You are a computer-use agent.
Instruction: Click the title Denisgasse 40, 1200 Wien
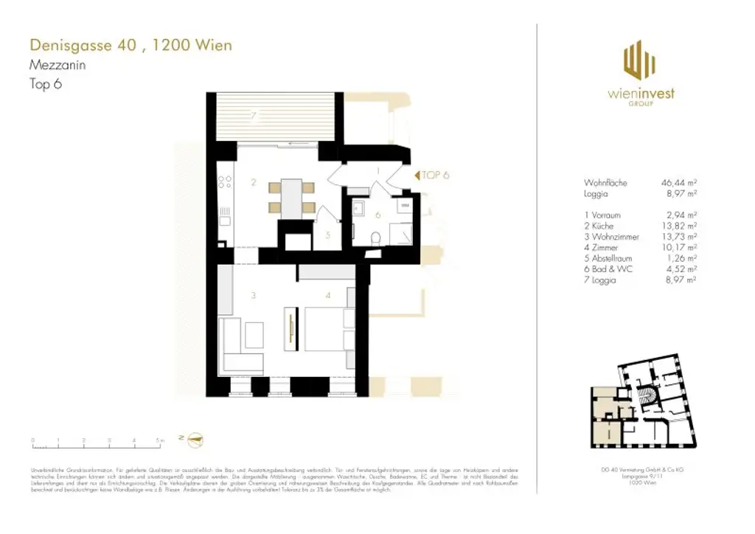[131, 46]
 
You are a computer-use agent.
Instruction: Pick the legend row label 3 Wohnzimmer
[611, 237]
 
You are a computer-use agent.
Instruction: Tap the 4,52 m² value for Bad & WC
[681, 269]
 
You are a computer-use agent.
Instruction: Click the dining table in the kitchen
[292, 198]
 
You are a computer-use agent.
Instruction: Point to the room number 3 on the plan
[253, 296]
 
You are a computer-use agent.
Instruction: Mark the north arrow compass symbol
[193, 441]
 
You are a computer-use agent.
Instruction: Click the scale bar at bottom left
[96, 444]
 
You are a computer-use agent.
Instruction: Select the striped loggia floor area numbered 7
[274, 118]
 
